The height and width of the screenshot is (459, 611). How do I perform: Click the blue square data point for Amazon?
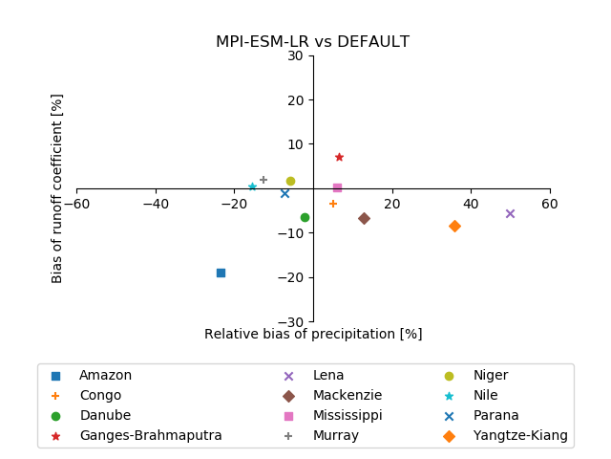tap(221, 273)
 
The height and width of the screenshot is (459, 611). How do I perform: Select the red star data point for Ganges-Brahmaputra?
tap(339, 157)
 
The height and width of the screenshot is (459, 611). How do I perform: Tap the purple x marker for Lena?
tap(510, 213)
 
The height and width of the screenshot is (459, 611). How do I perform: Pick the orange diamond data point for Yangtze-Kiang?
tap(454, 226)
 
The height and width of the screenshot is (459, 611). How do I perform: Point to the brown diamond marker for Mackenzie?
tap(364, 218)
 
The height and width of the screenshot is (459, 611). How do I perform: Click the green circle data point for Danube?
tap(305, 217)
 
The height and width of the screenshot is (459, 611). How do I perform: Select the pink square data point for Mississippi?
tap(337, 187)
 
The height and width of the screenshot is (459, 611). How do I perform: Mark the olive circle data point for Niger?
tap(290, 181)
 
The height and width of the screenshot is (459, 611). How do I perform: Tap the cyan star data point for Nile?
tap(252, 186)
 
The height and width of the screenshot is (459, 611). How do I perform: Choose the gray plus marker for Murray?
tap(263, 180)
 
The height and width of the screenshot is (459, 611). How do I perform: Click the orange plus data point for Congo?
tap(333, 204)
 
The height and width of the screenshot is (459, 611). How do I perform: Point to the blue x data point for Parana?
tap(284, 193)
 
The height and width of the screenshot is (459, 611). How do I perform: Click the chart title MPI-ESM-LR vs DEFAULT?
tap(312, 42)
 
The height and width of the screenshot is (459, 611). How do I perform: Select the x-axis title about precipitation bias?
tap(312, 335)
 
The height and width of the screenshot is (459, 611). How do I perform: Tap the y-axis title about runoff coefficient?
tap(57, 188)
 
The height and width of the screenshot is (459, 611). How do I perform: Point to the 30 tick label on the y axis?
tap(296, 55)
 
